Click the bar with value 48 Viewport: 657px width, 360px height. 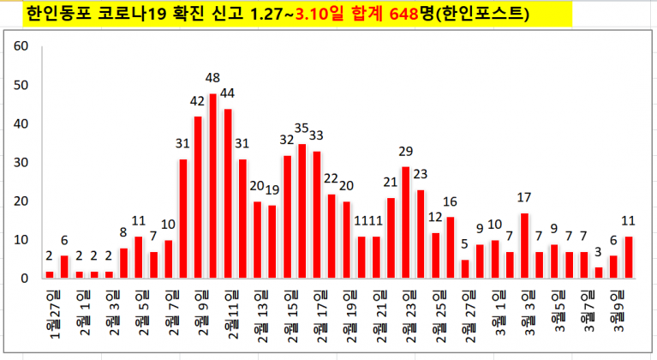point(212,185)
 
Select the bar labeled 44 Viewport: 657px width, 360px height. point(228,193)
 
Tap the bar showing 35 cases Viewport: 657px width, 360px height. point(302,210)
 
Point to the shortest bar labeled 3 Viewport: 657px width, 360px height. point(599,273)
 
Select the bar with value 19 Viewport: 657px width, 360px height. point(272,241)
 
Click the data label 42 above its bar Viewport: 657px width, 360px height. point(198,101)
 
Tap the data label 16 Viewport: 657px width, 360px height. point(451,201)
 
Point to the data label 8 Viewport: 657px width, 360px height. point(123,233)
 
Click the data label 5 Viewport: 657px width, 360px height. point(464,244)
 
